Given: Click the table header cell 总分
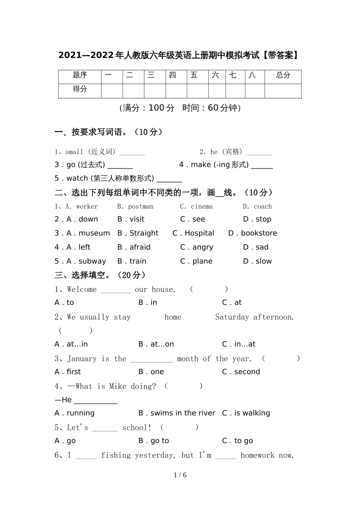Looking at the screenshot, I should (x=283, y=75).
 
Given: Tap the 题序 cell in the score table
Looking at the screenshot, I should (x=80, y=75).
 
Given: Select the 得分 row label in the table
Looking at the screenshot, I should (x=80, y=89).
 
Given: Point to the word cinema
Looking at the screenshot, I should (x=202, y=206).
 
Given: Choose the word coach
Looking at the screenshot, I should (x=263, y=206).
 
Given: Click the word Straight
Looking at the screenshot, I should (x=144, y=233).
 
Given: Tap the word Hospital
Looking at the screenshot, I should (x=199, y=233).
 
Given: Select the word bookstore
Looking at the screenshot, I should (x=259, y=233).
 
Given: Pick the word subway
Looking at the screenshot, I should (x=92, y=261).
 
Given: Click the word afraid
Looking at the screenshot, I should (x=140, y=247).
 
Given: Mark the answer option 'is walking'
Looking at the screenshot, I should (x=252, y=413).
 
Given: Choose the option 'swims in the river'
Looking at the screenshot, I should (x=183, y=413).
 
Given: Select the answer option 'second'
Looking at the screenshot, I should (x=247, y=372).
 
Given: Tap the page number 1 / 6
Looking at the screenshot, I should (x=180, y=475).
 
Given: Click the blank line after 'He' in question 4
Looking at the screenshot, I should (x=95, y=401).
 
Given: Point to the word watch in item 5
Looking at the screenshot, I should (x=77, y=178).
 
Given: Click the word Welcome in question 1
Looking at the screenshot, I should (x=81, y=290).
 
